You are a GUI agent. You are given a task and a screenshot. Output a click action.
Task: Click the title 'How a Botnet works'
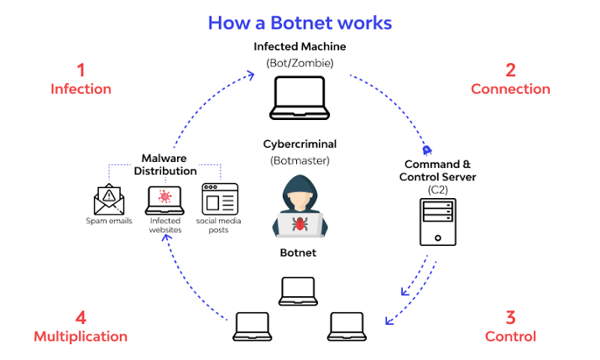(x=300, y=22)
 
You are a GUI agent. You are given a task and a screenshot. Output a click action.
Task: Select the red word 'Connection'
(x=510, y=89)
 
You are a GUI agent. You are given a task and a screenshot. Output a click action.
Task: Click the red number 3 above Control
(x=510, y=317)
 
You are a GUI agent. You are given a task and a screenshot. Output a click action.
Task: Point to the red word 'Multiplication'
(x=81, y=337)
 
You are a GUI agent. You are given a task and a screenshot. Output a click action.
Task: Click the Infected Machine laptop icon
(x=300, y=97)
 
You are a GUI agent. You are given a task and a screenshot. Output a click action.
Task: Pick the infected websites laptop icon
(x=164, y=200)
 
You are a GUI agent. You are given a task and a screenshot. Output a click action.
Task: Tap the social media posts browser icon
(x=220, y=198)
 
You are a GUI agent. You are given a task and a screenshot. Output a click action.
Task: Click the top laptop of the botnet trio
(x=300, y=290)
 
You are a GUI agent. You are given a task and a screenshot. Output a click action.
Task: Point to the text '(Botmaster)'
(x=300, y=159)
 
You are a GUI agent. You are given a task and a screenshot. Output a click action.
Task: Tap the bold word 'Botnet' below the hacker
(x=300, y=252)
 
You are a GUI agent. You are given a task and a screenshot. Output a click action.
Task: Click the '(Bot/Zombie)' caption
(x=300, y=62)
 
